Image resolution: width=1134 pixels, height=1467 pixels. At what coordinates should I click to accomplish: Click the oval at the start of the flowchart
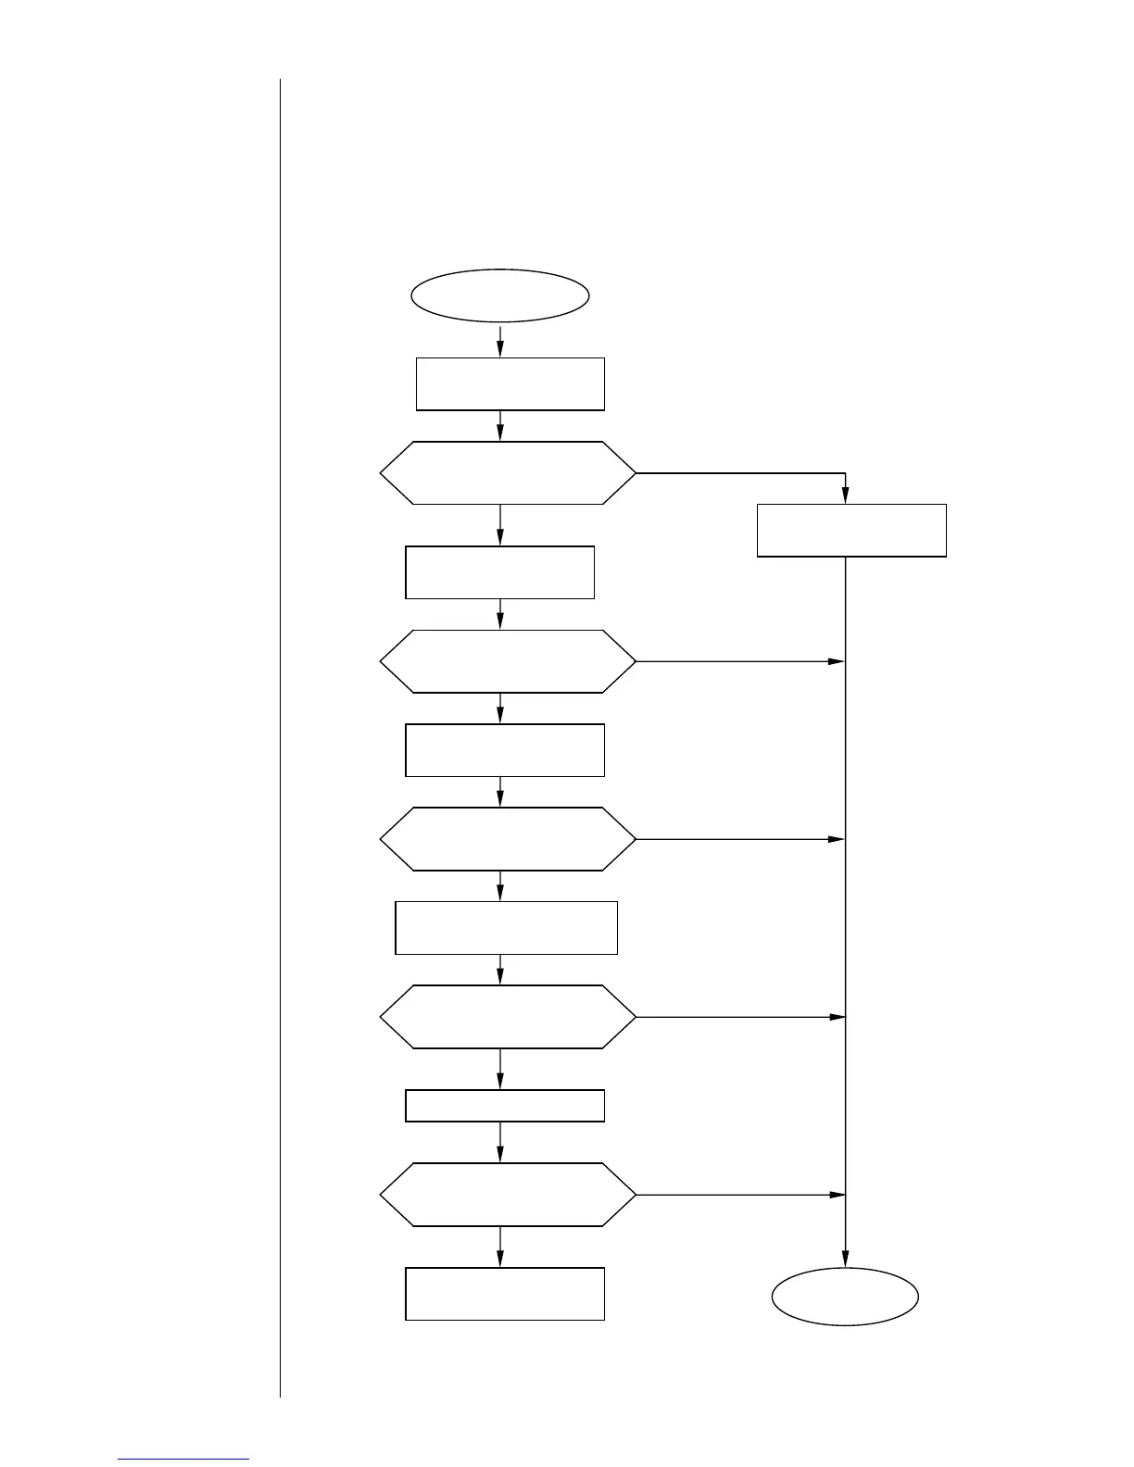pyautogui.click(x=500, y=296)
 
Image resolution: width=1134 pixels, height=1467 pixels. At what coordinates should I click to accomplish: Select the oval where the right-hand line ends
pyautogui.click(x=845, y=1297)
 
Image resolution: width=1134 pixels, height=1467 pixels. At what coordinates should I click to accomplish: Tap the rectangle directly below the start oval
pyautogui.click(x=510, y=383)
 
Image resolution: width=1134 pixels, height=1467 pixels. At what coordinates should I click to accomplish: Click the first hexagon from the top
pyautogui.click(x=508, y=473)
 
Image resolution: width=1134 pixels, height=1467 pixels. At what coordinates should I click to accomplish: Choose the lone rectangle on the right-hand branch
pyautogui.click(x=851, y=530)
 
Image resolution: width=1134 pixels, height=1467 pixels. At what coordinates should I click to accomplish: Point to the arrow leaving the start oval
pyautogui.click(x=500, y=340)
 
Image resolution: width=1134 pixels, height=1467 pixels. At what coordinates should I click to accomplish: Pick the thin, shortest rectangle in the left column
pyautogui.click(x=505, y=1106)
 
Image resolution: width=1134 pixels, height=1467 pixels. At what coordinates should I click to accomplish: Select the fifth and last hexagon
pyautogui.click(x=508, y=1195)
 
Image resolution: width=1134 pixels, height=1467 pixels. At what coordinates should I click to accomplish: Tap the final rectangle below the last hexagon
pyautogui.click(x=505, y=1293)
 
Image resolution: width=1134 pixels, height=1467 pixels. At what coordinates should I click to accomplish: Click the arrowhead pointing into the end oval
pyautogui.click(x=845, y=1259)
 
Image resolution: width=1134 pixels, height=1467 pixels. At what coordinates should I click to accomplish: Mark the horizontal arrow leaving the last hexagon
pyautogui.click(x=741, y=1195)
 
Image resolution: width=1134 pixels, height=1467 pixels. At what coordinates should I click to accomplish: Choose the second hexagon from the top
pyautogui.click(x=508, y=661)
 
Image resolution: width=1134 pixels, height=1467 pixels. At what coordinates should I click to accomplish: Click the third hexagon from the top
pyautogui.click(x=508, y=839)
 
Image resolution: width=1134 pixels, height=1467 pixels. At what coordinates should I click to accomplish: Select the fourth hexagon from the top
pyautogui.click(x=508, y=1017)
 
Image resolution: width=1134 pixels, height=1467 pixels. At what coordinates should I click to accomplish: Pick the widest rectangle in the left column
pyautogui.click(x=506, y=927)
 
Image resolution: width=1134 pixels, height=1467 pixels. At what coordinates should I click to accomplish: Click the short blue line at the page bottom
pyautogui.click(x=183, y=1459)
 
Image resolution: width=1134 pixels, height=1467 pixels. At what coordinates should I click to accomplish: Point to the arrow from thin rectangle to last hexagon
pyautogui.click(x=500, y=1143)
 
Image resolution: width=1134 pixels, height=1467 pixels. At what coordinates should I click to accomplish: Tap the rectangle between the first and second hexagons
pyautogui.click(x=499, y=572)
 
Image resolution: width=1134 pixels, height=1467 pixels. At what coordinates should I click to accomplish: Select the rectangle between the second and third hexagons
pyautogui.click(x=505, y=750)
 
